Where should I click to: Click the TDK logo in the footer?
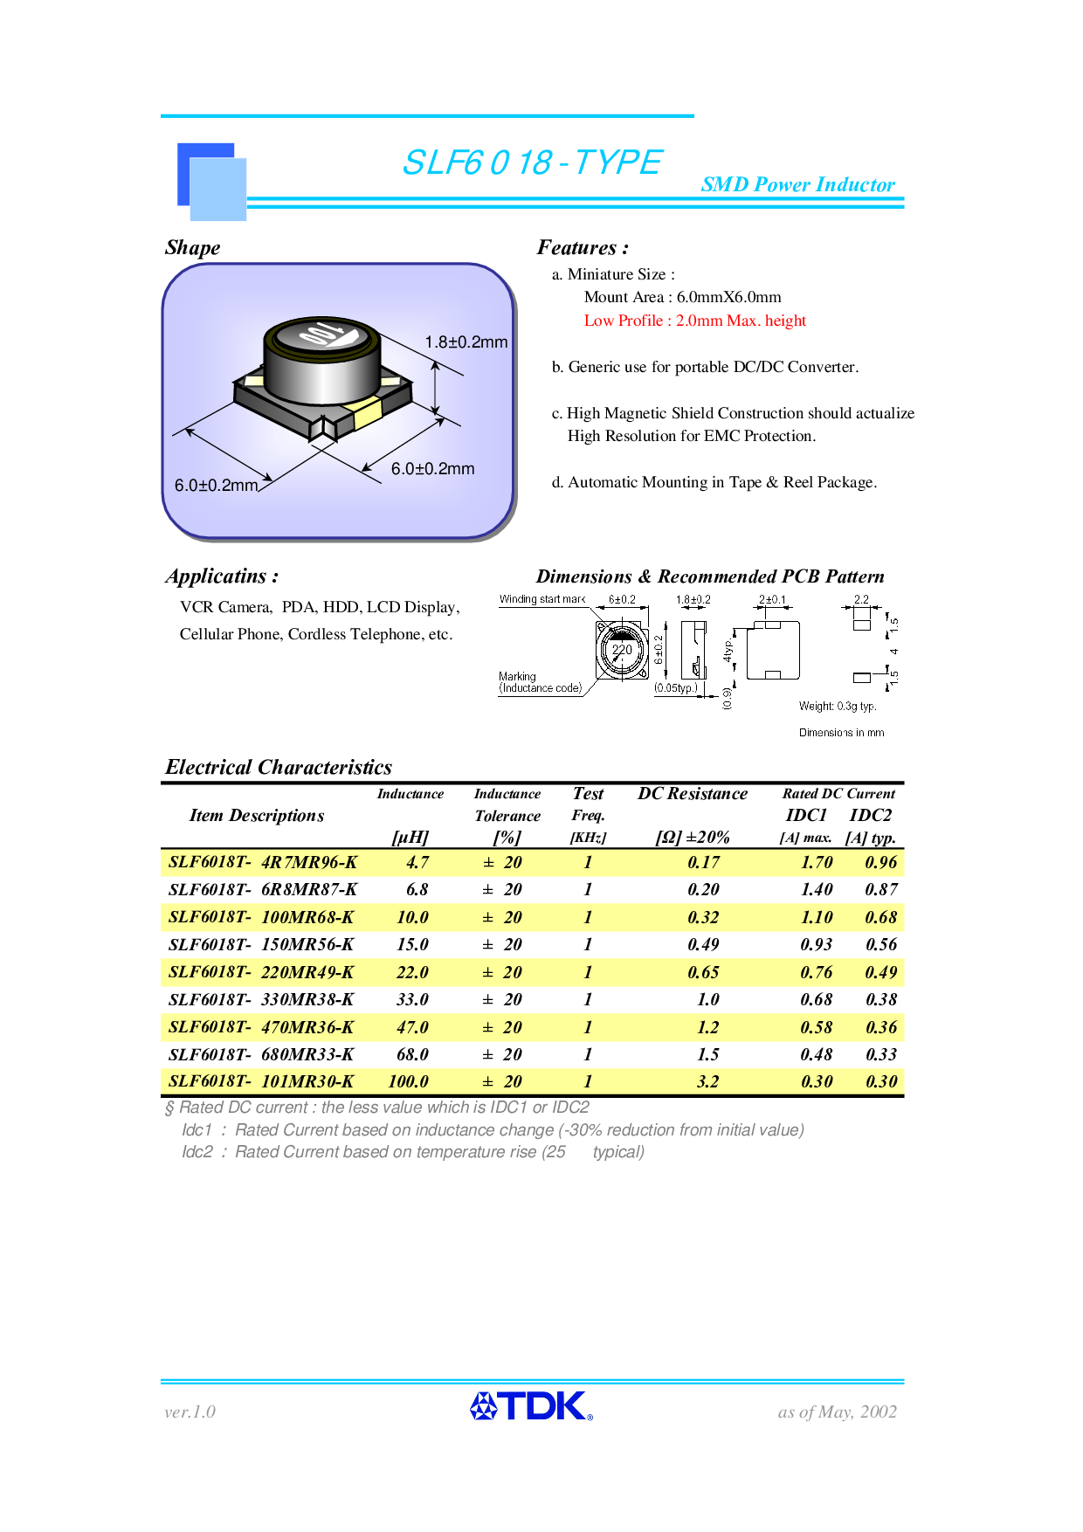[531, 1405]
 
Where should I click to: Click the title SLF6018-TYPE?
[532, 162]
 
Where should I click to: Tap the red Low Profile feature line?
[694, 321]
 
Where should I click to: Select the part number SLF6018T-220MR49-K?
[261, 972]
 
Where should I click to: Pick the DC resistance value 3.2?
[707, 1081]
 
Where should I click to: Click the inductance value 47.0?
[412, 1027]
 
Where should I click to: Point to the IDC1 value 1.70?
[817, 862]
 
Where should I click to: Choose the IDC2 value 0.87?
[881, 889]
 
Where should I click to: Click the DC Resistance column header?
[693, 794]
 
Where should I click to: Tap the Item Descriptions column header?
[257, 816]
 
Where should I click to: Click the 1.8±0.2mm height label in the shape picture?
[466, 342]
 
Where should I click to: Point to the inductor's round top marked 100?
[321, 336]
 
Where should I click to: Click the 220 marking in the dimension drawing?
[622, 650]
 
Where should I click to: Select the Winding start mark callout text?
[541, 599]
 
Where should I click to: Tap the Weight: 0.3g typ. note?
[837, 706]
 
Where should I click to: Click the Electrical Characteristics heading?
[279, 767]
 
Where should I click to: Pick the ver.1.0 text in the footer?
[190, 1411]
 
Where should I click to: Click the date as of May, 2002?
[837, 1411]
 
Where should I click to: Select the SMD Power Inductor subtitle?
[797, 185]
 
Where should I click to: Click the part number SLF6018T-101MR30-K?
[261, 1081]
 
